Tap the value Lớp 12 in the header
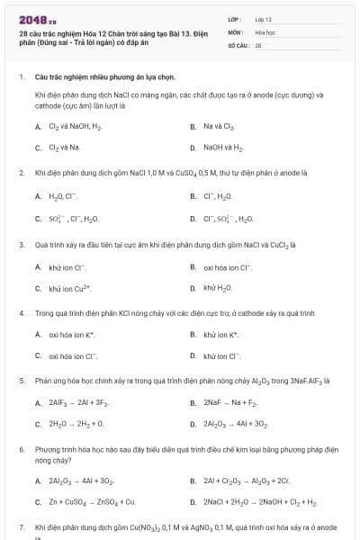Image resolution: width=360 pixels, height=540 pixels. (x=264, y=18)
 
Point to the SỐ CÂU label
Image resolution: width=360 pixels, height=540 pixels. (x=237, y=43)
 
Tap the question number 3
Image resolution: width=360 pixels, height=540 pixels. (x=21, y=245)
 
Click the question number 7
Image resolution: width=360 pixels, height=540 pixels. (x=21, y=526)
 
